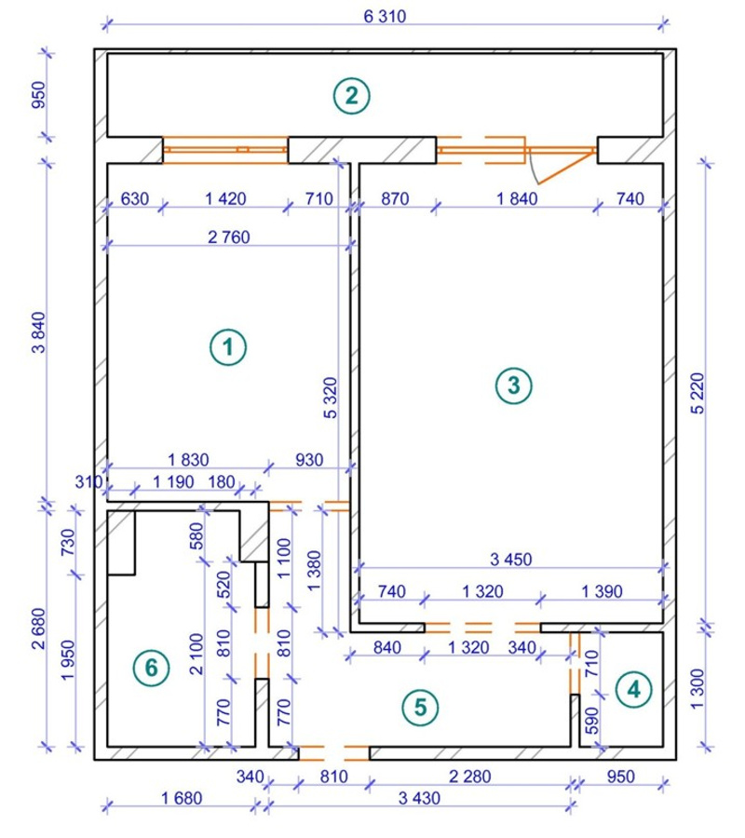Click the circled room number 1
(x=228, y=347)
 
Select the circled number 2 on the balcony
(x=352, y=96)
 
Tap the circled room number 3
(x=514, y=385)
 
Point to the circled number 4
(x=634, y=689)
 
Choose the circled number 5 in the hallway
(x=421, y=708)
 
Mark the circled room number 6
(x=152, y=668)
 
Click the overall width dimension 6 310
(x=385, y=17)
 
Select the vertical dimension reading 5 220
(x=698, y=393)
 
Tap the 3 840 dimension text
(x=39, y=332)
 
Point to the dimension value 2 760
(x=229, y=237)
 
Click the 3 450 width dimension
(x=511, y=560)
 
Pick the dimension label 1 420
(x=225, y=199)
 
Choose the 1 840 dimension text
(x=517, y=199)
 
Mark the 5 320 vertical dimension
(x=331, y=398)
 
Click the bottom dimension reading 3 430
(x=420, y=799)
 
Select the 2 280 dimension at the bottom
(x=469, y=777)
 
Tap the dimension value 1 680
(x=182, y=799)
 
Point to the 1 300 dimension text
(x=698, y=689)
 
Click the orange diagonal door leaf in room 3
(x=566, y=168)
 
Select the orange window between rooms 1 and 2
(x=225, y=150)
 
